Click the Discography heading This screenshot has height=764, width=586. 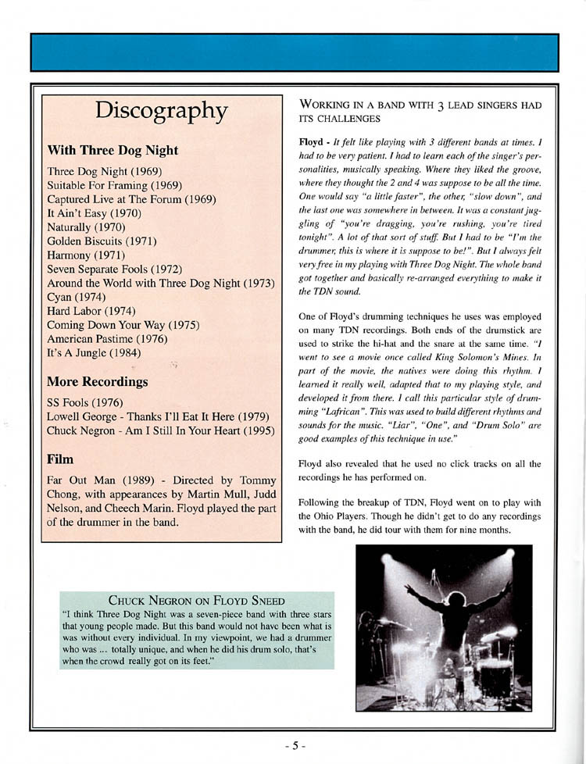162,112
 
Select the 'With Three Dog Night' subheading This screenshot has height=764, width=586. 113,150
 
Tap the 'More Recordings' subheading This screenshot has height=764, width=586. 98,382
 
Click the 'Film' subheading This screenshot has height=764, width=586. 62,457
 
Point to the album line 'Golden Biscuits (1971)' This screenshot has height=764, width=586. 102,241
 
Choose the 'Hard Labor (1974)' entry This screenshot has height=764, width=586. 91,311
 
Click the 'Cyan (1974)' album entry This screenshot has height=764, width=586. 77,297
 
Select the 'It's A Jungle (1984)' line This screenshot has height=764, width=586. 95,353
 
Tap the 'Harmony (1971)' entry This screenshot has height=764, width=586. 89,255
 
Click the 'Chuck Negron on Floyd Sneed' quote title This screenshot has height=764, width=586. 196,601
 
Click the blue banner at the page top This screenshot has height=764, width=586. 294,52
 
